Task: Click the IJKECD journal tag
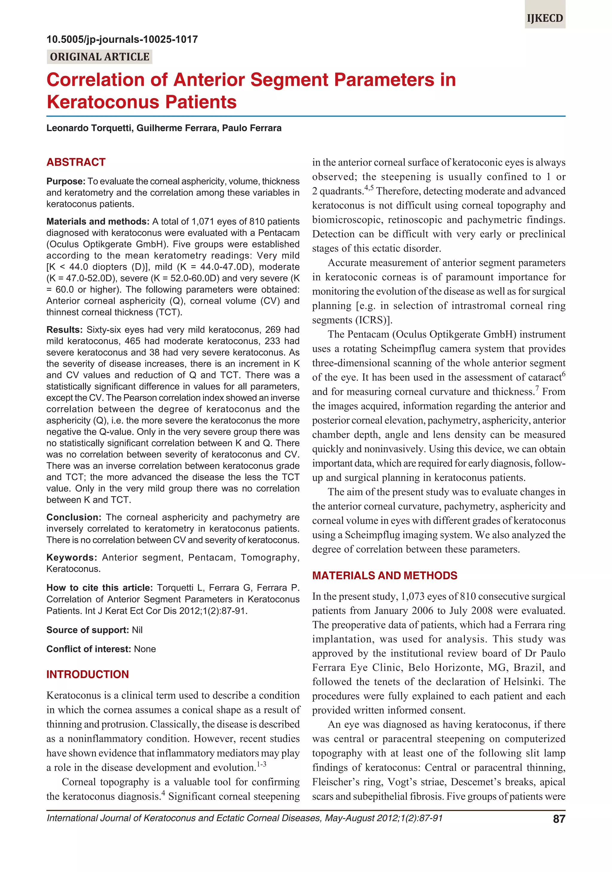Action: coord(545,18)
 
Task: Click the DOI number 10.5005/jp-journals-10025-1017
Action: coord(122,39)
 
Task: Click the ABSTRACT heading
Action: coord(76,162)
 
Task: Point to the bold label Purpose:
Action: coord(65,181)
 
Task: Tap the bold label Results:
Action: coord(64,330)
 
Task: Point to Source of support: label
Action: coord(88,630)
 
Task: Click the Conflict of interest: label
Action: coord(88,649)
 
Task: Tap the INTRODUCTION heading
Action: coord(87,674)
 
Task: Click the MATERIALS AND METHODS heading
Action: coord(384,575)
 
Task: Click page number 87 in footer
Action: coord(559,819)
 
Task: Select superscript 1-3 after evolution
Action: coord(261,764)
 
